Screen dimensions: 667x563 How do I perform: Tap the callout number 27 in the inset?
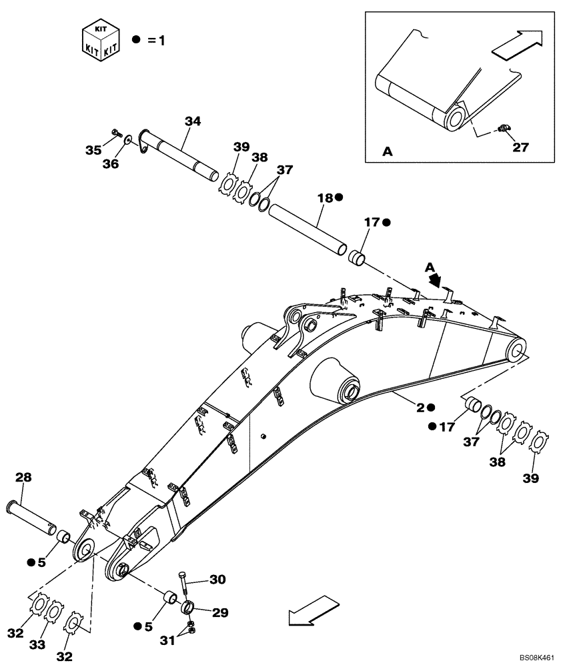(520, 147)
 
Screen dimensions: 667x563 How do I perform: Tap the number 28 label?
(23, 478)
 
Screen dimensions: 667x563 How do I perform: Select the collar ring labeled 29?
(188, 608)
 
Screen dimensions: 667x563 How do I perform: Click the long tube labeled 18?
(308, 228)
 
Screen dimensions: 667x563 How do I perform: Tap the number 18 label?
(325, 198)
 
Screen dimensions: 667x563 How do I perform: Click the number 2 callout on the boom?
(421, 406)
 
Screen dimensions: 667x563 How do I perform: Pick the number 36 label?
(111, 163)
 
